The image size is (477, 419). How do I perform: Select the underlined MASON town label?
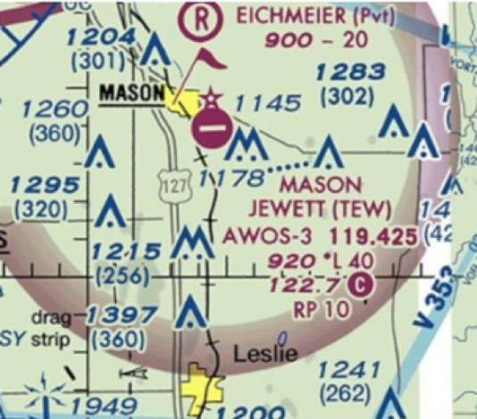point(131,93)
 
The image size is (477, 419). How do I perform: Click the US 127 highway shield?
point(172,184)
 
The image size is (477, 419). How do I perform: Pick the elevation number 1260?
point(54,109)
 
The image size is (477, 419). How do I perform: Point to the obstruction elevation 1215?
point(131,251)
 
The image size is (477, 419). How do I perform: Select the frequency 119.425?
point(372,237)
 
